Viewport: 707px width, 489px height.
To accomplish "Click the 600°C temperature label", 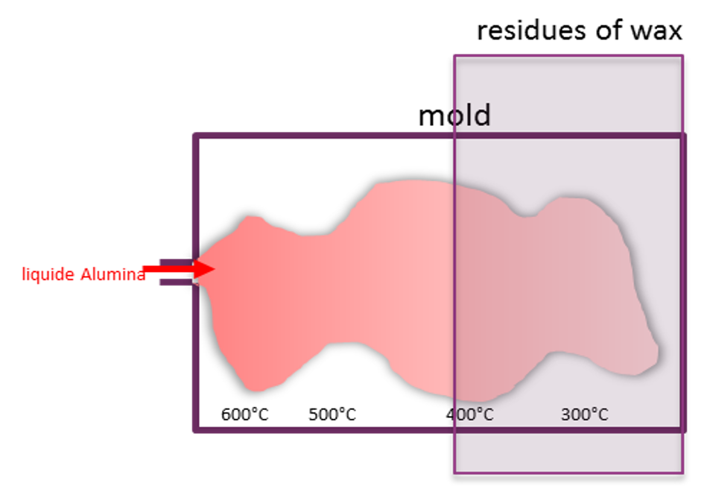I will coord(244,414).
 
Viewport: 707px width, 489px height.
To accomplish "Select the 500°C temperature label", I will coord(332,414).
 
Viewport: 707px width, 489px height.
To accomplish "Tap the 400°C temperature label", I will coord(470,414).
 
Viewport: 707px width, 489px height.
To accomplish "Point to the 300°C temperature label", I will coord(584,414).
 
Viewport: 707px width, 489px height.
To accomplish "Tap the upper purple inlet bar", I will coord(174,262).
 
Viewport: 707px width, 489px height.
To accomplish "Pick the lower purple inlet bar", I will coord(176,282).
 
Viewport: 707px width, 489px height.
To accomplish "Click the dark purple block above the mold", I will coord(568,94).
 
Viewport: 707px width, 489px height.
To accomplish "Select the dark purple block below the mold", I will coord(568,451).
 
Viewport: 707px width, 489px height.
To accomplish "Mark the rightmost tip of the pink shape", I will coord(658,350).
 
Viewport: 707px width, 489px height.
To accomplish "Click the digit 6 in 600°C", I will coord(226,414).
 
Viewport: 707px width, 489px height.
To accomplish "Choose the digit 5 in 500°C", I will coord(314,414).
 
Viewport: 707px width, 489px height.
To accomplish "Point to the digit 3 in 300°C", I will coord(566,414).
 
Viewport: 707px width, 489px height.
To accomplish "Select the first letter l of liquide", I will coord(24,274).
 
